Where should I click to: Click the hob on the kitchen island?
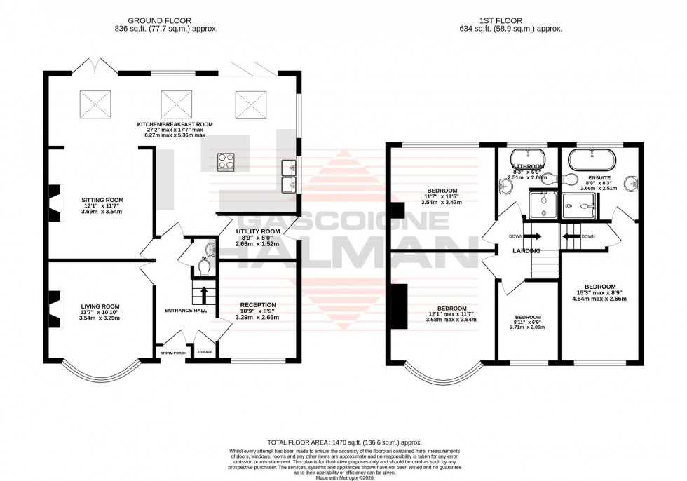pyautogui.click(x=226, y=162)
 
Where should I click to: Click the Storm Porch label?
pyautogui.click(x=172, y=353)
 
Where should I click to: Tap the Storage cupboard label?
pyautogui.click(x=205, y=352)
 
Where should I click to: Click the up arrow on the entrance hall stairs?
pyautogui.click(x=204, y=291)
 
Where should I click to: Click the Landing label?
pyautogui.click(x=526, y=250)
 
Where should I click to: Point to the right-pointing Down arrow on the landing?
pyautogui.click(x=533, y=236)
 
